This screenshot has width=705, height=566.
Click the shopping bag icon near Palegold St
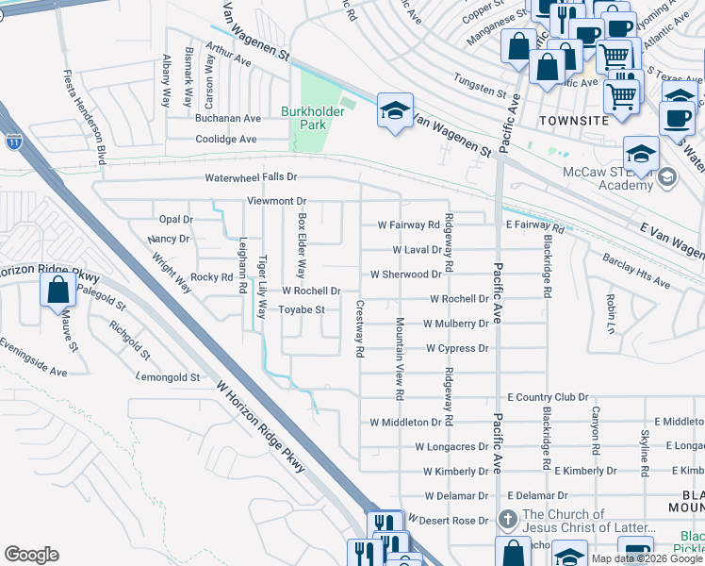[x=58, y=290]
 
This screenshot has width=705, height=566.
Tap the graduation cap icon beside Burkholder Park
[x=396, y=110]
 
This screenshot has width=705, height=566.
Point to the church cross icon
[x=507, y=520]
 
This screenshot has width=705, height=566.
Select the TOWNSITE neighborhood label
[x=575, y=122]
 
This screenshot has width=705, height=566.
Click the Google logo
[x=32, y=555]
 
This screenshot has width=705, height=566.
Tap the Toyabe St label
[x=303, y=309]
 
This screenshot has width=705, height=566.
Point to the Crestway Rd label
[x=359, y=329]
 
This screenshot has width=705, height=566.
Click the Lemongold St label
[x=169, y=377]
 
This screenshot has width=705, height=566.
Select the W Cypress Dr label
[x=456, y=348]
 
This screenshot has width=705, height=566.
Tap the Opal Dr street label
[x=175, y=219]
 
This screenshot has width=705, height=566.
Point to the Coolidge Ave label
[x=226, y=140]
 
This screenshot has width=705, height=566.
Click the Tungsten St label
[x=480, y=89]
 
